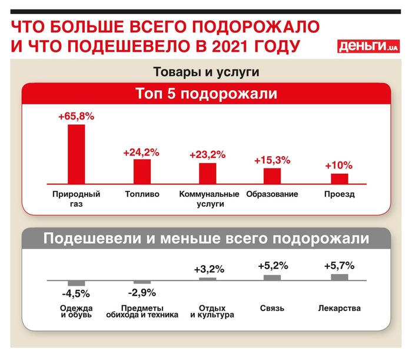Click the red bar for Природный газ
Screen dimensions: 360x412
[77, 154]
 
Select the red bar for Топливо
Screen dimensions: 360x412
[142, 171]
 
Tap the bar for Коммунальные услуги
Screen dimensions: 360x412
[207, 173]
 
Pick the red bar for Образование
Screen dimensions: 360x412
[272, 176]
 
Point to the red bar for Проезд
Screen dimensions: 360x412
[340, 179]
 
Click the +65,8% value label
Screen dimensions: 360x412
[76, 117]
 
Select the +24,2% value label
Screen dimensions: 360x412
[141, 152]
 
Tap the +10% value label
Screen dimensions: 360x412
[338, 166]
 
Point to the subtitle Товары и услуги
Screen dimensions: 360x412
[206, 72]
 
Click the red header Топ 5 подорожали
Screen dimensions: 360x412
[206, 94]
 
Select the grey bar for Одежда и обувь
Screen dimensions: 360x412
[77, 282]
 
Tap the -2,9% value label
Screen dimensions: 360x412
[141, 292]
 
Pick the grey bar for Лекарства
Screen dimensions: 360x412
[339, 276]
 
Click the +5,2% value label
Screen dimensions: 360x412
[273, 266]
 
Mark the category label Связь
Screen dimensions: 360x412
[272, 308]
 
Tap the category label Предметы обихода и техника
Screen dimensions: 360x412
[141, 311]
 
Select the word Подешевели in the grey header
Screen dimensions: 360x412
[91, 239]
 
